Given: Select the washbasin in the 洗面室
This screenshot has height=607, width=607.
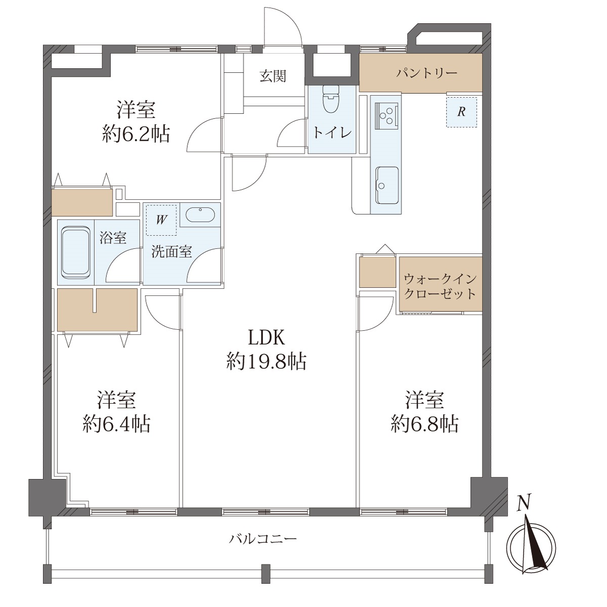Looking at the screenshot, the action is (200, 215).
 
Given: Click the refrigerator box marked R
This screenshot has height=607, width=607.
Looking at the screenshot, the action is (461, 112).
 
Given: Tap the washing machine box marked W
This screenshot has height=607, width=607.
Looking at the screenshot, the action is (161, 220).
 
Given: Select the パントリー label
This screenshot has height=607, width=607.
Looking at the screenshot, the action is (426, 73).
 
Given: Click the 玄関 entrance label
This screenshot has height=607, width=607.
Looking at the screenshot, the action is (273, 76).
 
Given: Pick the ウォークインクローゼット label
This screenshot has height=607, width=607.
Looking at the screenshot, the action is (440, 286).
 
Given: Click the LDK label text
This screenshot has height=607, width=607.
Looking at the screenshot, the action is (267, 337).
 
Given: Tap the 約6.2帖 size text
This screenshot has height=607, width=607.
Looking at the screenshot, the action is (136, 135).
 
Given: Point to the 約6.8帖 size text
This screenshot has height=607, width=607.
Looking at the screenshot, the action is (424, 424).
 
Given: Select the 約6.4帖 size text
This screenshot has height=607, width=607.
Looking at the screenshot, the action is (116, 424).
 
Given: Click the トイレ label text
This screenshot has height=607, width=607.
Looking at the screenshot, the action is (332, 133).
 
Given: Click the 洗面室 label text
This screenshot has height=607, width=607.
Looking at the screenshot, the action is (171, 252).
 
